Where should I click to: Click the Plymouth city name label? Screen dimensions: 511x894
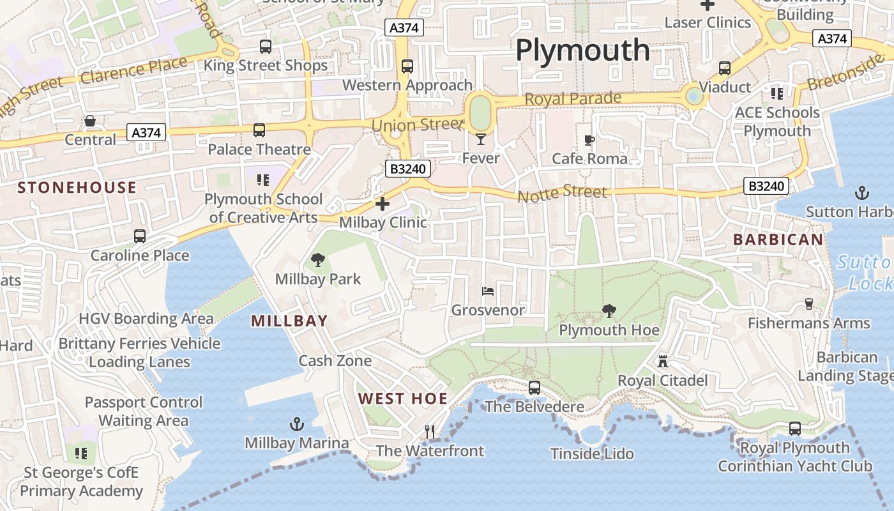coord(582,50)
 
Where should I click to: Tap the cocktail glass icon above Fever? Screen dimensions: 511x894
coord(481,139)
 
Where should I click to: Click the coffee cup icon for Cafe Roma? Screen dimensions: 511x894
coord(589,140)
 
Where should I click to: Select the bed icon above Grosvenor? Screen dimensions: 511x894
coord(488,292)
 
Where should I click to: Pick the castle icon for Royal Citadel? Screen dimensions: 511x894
coord(663,362)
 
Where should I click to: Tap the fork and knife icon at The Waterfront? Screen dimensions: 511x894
coord(430,432)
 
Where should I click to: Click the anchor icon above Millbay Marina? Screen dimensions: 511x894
coord(296,424)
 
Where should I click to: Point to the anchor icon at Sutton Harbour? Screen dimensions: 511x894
coord(862,193)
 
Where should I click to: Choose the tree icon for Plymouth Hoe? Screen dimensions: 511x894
coord(609,311)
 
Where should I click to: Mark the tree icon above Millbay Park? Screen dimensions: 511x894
coord(317,260)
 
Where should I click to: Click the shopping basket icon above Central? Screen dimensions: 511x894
coord(90,121)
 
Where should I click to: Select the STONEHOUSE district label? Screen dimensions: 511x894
coord(77,187)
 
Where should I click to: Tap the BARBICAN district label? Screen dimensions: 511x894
coord(778,240)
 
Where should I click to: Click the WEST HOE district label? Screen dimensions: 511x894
coord(403,399)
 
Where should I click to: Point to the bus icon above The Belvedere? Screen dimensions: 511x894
coord(534,388)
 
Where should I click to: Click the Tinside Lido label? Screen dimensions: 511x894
coord(592,454)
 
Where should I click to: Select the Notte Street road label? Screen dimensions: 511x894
coord(562,193)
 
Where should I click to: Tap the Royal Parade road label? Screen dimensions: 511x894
coord(573,99)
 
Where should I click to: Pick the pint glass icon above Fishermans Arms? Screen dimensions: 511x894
coord(809,304)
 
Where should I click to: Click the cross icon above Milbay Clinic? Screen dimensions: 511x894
coord(383,204)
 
